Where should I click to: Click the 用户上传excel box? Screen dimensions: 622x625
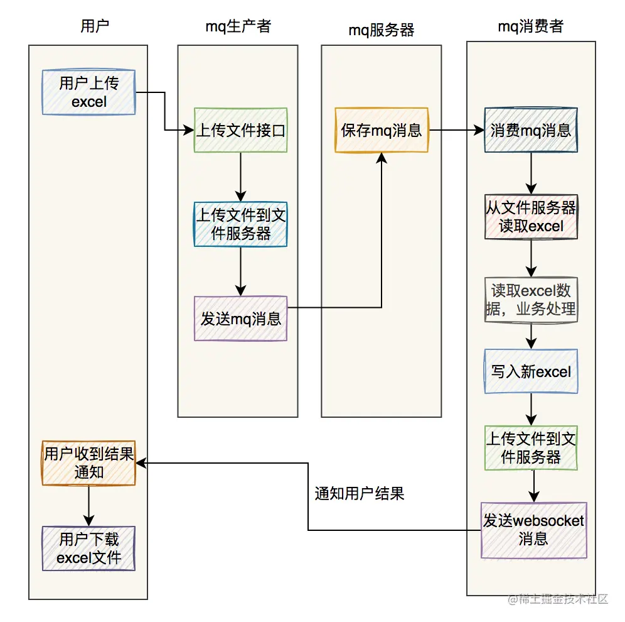[x=88, y=92]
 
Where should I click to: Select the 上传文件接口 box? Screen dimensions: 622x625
[x=240, y=130]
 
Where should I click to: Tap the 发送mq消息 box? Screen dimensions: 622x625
[x=240, y=319]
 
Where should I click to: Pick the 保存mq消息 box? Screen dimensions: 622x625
[x=382, y=130]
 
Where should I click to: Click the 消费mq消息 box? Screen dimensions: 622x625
[x=531, y=130]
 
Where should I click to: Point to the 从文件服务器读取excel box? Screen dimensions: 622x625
[x=531, y=217]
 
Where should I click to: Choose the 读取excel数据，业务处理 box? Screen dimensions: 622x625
[x=531, y=300]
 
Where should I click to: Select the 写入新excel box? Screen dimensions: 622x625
[x=531, y=371]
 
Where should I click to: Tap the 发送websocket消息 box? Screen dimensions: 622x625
[x=533, y=530]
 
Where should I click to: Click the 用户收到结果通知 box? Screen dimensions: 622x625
[x=88, y=462]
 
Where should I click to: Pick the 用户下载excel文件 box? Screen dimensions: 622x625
[x=88, y=548]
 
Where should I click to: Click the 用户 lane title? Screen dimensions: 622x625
[x=95, y=26]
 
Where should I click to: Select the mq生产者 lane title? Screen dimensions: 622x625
[x=238, y=26]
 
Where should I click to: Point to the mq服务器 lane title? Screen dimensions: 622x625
[x=382, y=30]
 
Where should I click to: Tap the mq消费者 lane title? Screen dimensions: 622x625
[x=531, y=26]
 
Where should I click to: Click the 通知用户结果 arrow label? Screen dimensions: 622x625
[x=359, y=494]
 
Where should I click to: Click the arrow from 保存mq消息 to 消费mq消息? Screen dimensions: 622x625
[x=456, y=131]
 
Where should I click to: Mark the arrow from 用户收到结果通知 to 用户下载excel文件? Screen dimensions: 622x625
[x=88, y=505]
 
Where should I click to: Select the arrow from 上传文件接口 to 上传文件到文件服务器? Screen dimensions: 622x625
[x=240, y=177]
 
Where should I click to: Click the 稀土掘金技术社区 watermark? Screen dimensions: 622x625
[x=558, y=599]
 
